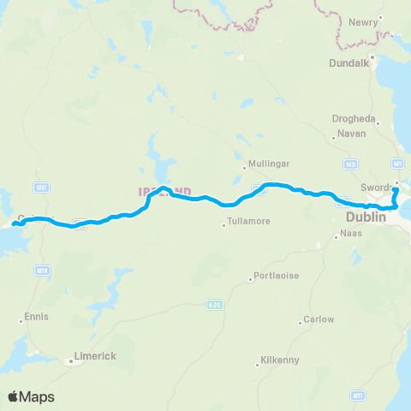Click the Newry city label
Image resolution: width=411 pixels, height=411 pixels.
coord(363,22)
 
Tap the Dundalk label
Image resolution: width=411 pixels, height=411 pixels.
coord(348,63)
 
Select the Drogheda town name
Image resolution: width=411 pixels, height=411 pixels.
coord(354,119)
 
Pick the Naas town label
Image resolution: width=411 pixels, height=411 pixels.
coord(351,233)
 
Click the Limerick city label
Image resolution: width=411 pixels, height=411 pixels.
coord(94,355)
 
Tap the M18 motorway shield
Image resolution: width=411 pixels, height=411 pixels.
coord(41,270)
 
